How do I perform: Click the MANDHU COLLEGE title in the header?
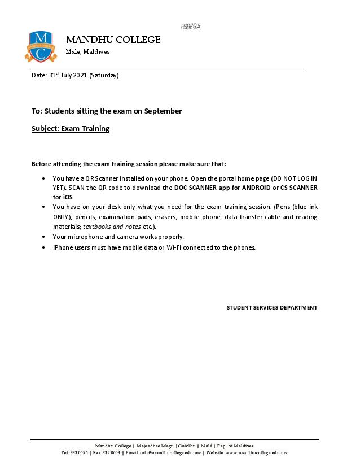click(x=113, y=40)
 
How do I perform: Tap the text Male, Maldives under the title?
click(x=88, y=52)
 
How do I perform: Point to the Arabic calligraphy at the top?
click(x=191, y=27)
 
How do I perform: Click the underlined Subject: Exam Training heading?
click(x=71, y=129)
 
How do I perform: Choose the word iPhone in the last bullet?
click(x=63, y=247)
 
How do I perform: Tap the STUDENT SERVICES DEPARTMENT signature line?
click(x=272, y=308)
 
